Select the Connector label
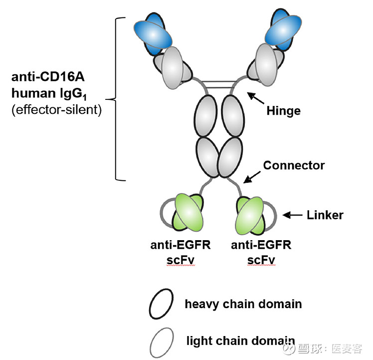[294, 165]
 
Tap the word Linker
[325, 215]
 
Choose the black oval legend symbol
[161, 304]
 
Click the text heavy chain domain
[243, 304]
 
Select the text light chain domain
[240, 341]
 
